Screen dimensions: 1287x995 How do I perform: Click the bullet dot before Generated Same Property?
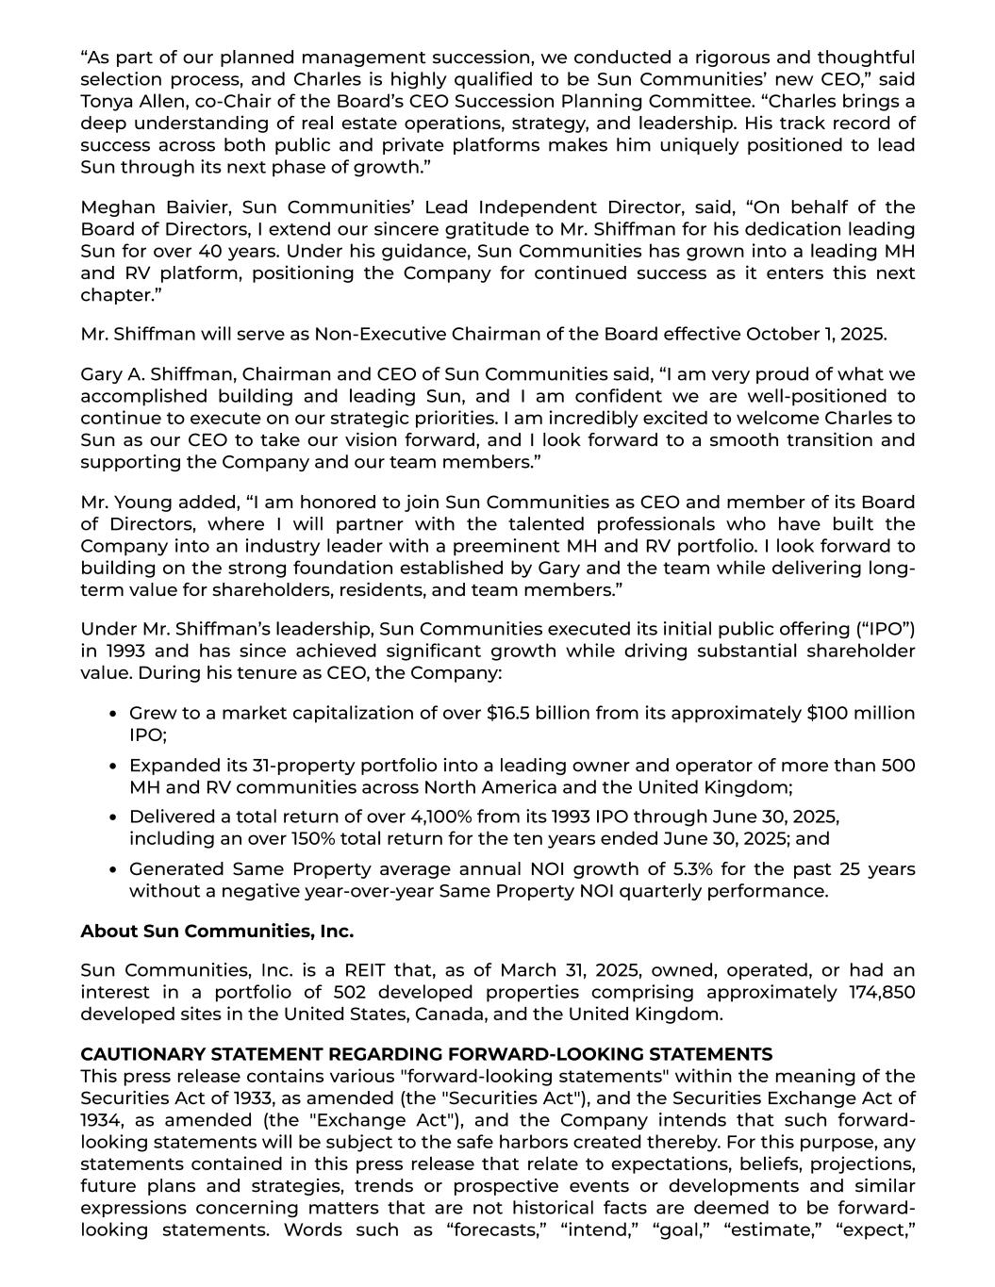pos(113,870)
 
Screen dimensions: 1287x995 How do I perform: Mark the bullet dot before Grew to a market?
pos(113,714)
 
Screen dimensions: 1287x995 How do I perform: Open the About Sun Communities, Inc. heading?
pos(217,932)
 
